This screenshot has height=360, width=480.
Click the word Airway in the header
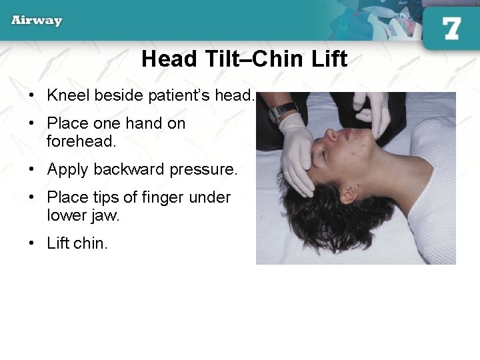tap(37, 20)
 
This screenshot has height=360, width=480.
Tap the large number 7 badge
tap(451, 29)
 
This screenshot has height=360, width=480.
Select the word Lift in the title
tap(329, 59)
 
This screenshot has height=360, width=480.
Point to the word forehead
tap(81, 141)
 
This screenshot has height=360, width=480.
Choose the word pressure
tap(203, 169)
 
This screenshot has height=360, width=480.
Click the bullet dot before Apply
tap(32, 170)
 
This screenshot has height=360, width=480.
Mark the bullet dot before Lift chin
tap(32, 244)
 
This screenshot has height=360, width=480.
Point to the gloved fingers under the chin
tap(373, 113)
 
